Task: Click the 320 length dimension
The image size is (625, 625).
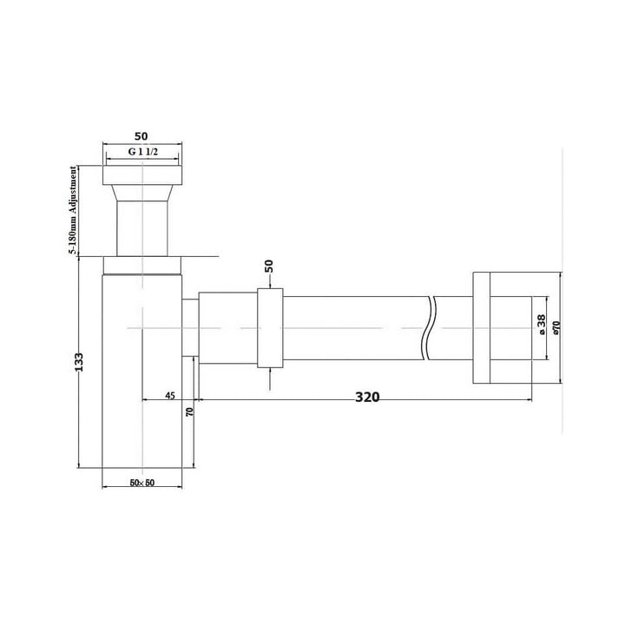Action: (367, 398)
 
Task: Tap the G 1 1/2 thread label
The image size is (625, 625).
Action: (144, 151)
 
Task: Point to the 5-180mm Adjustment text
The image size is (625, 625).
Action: (75, 210)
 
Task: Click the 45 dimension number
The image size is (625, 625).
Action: (170, 396)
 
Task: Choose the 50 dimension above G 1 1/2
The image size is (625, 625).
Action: (144, 136)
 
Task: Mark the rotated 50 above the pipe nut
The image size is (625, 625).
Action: (269, 267)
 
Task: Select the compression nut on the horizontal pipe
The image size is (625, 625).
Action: (270, 327)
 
